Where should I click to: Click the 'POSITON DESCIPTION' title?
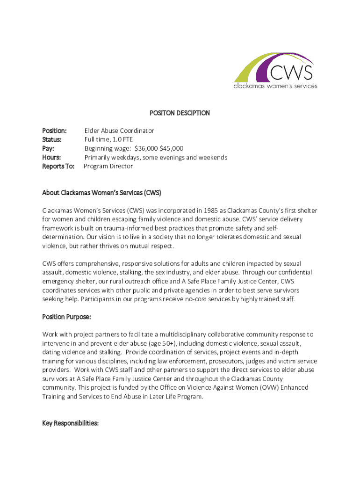click(x=180, y=113)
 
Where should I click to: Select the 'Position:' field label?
click(x=54, y=131)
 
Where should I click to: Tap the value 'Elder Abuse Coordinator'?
click(x=119, y=131)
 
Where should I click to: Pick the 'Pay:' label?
click(x=49, y=148)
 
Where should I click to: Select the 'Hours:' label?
click(x=51, y=157)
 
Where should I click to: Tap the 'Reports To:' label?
click(x=58, y=166)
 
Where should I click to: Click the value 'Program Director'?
click(x=108, y=166)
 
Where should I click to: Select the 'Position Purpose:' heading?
click(x=66, y=317)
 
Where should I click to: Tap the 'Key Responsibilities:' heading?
click(x=70, y=423)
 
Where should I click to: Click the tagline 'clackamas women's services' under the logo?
click(x=275, y=86)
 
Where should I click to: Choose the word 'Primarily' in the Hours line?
click(x=98, y=157)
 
